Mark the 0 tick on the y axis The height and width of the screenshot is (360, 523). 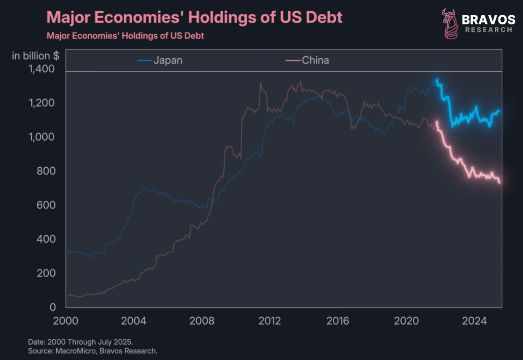[52, 307]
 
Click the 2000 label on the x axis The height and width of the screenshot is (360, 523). [66, 321]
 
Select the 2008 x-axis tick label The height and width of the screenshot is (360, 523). [202, 321]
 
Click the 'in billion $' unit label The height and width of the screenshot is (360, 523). [35, 56]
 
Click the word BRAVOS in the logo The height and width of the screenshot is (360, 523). [488, 19]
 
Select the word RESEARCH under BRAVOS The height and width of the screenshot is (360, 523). [488, 30]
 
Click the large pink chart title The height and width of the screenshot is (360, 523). [195, 18]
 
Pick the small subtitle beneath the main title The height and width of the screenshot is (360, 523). [125, 36]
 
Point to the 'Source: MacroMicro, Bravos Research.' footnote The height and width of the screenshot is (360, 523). [93, 351]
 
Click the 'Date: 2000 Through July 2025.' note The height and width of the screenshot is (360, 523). [80, 342]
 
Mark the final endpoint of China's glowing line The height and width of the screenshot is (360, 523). [500, 183]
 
